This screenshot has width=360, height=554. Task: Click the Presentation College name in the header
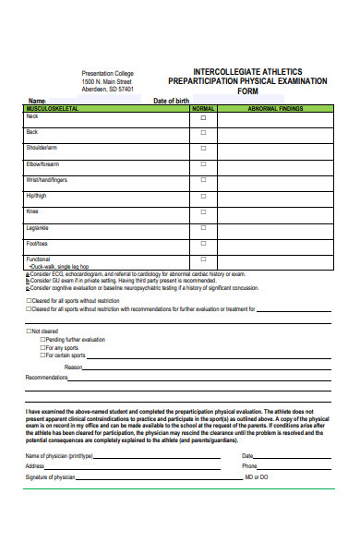107,73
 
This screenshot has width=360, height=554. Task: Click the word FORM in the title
249,91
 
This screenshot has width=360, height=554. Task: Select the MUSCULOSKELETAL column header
54,109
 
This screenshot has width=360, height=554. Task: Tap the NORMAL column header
203,109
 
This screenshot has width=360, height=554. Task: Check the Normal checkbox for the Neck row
203,117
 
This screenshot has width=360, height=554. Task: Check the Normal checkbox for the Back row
203,133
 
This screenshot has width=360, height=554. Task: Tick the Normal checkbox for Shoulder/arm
203,149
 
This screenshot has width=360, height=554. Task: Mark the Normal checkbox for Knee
203,212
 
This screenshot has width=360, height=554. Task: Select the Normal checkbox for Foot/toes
203,244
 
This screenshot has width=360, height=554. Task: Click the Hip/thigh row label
36,195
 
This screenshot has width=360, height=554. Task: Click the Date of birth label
171,101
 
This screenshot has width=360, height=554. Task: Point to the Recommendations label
46,378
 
